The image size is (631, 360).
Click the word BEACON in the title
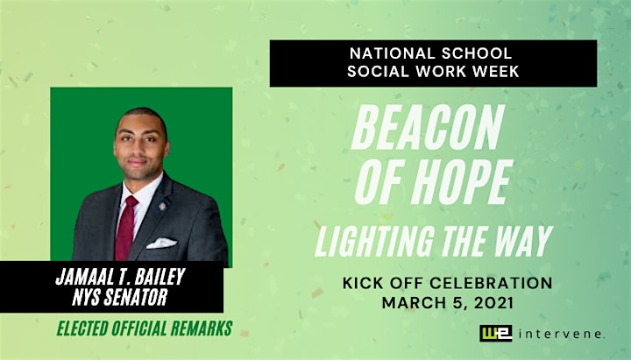point(428,127)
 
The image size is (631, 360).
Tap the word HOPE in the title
point(461,182)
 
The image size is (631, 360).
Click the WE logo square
point(496,334)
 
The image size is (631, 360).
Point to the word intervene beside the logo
point(562,334)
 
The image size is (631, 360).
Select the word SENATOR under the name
point(135,297)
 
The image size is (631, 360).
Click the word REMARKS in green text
point(202,328)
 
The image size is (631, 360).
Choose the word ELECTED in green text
point(82,328)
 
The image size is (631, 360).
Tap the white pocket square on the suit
point(161,243)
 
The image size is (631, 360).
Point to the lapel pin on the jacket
point(163,207)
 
